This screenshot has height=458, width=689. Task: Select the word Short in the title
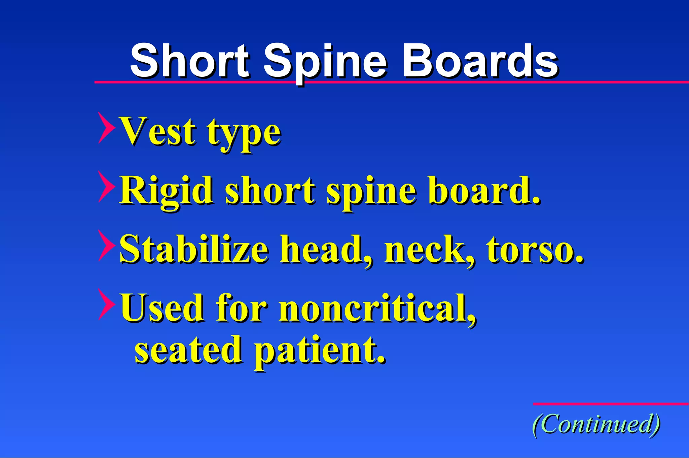pos(189,61)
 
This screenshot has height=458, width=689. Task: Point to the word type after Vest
pos(244,133)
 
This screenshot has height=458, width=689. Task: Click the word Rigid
pos(167,191)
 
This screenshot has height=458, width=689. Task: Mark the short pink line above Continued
pos(611,404)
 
